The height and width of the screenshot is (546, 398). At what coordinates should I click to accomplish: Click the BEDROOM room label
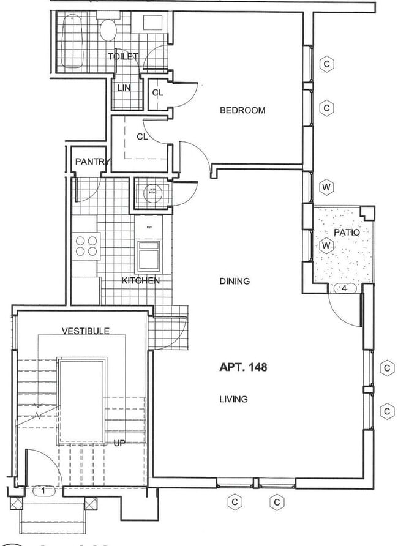(242, 111)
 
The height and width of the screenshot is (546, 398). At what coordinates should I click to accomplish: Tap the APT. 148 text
(242, 368)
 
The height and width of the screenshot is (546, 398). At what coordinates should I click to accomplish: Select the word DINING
(235, 282)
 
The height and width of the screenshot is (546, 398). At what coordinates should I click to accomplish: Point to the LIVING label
(233, 399)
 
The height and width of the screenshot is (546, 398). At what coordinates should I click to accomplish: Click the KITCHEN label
(141, 281)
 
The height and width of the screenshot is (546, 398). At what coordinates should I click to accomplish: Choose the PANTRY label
(92, 162)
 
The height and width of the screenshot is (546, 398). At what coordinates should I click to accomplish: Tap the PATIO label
(347, 233)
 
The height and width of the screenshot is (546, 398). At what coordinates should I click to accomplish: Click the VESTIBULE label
(86, 331)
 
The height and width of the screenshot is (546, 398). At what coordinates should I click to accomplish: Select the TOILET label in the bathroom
(123, 56)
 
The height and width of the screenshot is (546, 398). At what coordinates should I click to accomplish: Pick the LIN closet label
(124, 88)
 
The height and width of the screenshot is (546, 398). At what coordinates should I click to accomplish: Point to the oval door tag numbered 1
(43, 490)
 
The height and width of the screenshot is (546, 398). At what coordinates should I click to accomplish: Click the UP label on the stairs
(119, 443)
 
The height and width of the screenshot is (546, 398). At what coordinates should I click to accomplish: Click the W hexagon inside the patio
(326, 245)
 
